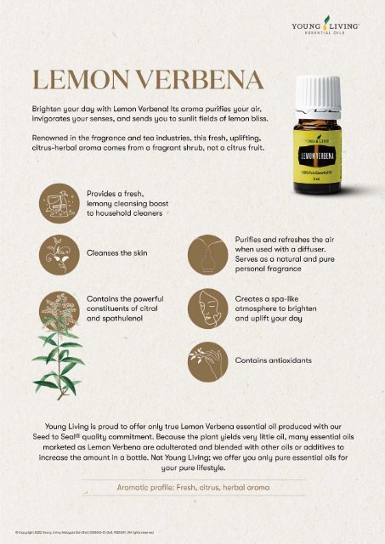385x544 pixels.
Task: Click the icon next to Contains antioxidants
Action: (x=209, y=360)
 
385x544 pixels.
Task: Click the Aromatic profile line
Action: (x=192, y=486)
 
